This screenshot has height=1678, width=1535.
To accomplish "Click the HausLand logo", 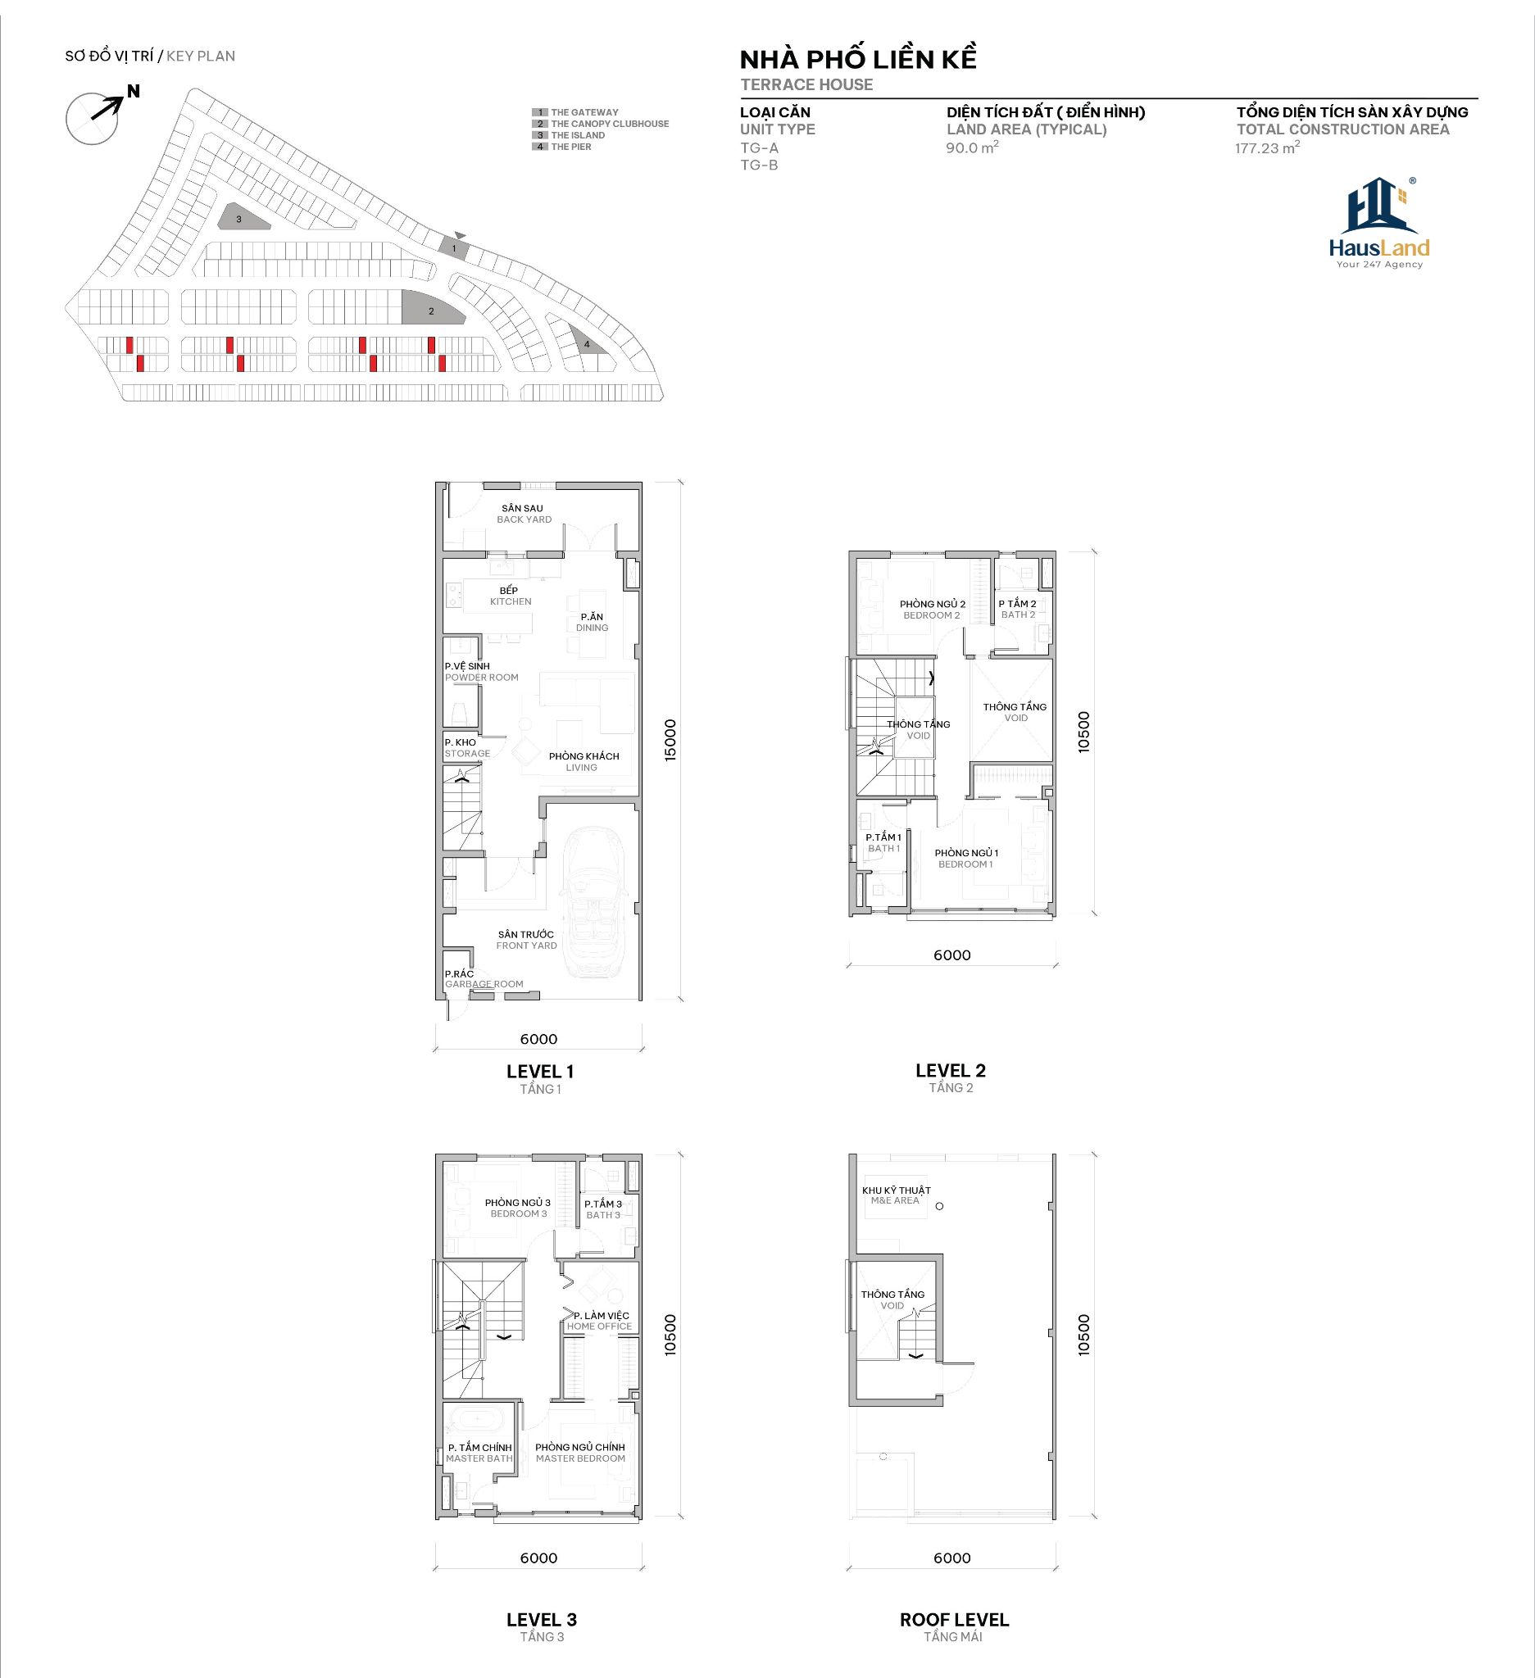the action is pos(1379,223).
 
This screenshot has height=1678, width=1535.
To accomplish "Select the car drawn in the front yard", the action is pos(592,902).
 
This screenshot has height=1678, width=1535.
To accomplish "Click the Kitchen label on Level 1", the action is pos(510,596).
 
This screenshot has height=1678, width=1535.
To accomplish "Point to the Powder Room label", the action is pos(481,672).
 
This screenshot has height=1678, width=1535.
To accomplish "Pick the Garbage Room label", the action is pos(484,979).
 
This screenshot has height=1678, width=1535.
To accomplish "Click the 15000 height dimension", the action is pos(671,740).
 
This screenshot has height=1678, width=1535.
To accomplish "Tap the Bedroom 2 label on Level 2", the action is pos(933,610).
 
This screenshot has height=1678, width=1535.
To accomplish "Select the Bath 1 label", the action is pos(883,843).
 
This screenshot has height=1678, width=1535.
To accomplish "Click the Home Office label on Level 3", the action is pos(599,1321).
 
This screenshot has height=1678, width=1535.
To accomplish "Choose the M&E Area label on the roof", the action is pos(896,1195).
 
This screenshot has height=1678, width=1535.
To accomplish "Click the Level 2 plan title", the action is pos(951,1078).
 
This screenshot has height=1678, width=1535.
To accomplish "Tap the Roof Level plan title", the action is pos(954,1627).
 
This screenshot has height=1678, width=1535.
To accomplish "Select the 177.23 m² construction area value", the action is pos(1267,148).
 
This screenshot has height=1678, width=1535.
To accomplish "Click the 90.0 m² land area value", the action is pos(972,148).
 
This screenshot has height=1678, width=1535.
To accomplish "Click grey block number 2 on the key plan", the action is pos(432,309).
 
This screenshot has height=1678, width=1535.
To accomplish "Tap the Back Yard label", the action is pos(523,514).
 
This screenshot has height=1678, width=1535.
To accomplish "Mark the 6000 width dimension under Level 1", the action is pos(538,1039).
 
